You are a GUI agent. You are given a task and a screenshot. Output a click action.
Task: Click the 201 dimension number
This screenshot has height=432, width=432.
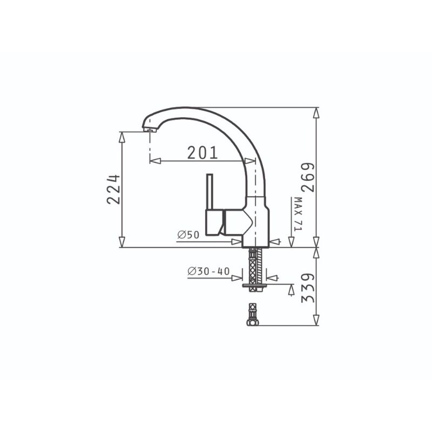(202, 153)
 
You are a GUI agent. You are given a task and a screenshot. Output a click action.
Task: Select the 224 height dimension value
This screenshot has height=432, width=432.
(113, 189)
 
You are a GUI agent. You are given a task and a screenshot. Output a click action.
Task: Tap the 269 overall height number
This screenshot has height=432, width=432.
(307, 178)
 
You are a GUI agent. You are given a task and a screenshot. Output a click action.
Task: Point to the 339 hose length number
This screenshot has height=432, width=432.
(308, 288)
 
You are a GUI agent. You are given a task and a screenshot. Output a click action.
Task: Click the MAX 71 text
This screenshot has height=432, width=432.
(298, 214)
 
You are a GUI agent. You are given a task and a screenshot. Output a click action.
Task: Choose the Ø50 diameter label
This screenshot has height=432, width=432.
(188, 235)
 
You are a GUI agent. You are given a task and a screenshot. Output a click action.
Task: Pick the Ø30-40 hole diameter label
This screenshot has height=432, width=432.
(208, 272)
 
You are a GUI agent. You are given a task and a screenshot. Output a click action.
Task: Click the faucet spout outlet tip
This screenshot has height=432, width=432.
(150, 130)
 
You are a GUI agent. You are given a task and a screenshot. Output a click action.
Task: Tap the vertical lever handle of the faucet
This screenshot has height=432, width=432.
(210, 192)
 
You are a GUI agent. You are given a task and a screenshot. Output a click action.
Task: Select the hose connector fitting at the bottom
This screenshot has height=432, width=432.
(252, 315)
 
